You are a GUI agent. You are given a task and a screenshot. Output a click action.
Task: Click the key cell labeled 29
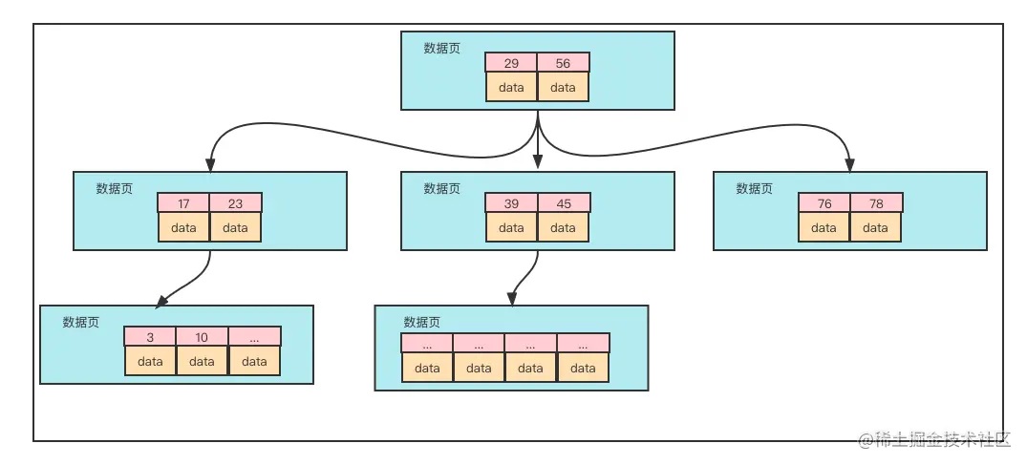pos(511,63)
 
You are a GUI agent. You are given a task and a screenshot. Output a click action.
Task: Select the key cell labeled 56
pos(563,63)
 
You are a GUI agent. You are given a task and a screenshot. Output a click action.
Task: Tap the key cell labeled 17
pos(183,203)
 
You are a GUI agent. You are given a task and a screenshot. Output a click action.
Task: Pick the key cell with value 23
pos(235,203)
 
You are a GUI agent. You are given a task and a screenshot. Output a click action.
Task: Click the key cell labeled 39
pos(511,203)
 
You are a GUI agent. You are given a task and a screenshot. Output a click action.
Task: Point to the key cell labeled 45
pos(563,203)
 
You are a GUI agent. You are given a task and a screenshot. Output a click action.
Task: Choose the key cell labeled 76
pos(824,203)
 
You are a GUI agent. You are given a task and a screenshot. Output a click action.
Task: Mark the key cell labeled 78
pos(875,203)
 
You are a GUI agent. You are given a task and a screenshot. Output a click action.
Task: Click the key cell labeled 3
pos(150,337)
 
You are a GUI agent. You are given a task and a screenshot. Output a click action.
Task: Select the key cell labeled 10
pos(202,337)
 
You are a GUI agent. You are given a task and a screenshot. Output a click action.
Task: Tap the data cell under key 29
pos(511,87)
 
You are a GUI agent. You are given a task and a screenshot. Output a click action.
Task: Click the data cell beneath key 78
pos(875,227)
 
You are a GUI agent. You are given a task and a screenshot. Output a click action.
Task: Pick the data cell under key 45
pos(563,227)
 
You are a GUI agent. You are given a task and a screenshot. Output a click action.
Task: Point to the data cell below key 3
pos(150,361)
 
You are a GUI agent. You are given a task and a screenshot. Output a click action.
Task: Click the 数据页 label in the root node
pos(441,49)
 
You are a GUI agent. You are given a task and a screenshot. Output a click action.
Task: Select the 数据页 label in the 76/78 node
pos(754,189)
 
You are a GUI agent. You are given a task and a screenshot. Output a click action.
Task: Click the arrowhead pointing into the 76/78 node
pos(849,164)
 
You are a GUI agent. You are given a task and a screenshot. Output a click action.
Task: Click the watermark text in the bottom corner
pos(934,439)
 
